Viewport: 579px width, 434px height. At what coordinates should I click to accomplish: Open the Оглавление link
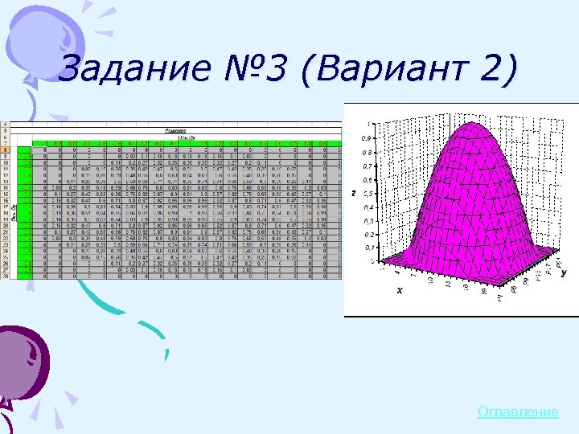[x=518, y=412]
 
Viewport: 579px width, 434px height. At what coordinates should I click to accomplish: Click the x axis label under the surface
[x=400, y=291]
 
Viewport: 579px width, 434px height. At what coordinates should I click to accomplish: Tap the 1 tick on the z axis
[x=369, y=125]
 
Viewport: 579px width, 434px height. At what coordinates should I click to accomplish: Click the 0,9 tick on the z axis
[x=367, y=138]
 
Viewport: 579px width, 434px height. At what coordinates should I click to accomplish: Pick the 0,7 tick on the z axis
[x=367, y=166]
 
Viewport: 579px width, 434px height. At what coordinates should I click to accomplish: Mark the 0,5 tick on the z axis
[x=367, y=194]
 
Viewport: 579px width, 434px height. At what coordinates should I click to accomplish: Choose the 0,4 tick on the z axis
[x=367, y=207]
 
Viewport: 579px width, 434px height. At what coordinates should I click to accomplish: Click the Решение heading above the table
[x=175, y=129]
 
